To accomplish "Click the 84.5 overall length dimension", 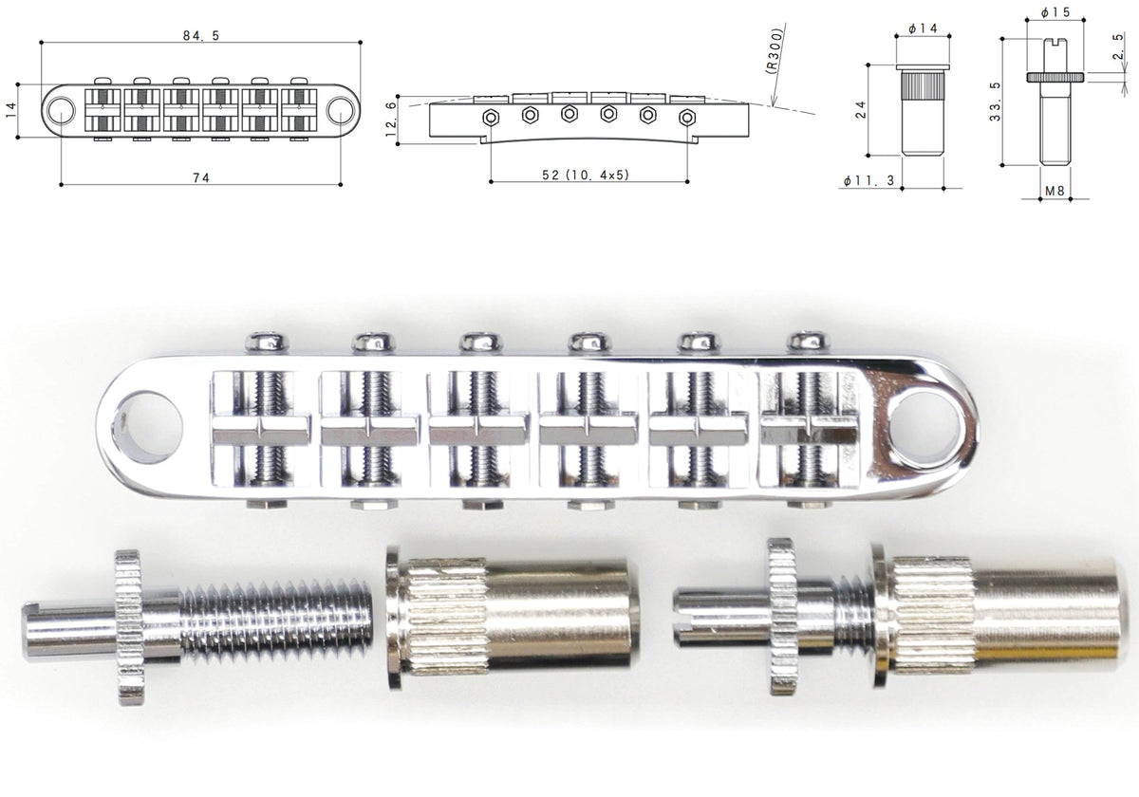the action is click(201, 36).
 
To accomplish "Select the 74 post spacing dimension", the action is click(201, 178).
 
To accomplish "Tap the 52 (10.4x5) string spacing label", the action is click(586, 175).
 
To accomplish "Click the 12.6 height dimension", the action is click(390, 119).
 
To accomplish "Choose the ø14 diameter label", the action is click(923, 28).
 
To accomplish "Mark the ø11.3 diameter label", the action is click(868, 180).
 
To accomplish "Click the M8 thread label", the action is click(1055, 191).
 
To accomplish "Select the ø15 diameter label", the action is click(1055, 12).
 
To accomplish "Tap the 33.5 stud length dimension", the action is click(995, 102).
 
